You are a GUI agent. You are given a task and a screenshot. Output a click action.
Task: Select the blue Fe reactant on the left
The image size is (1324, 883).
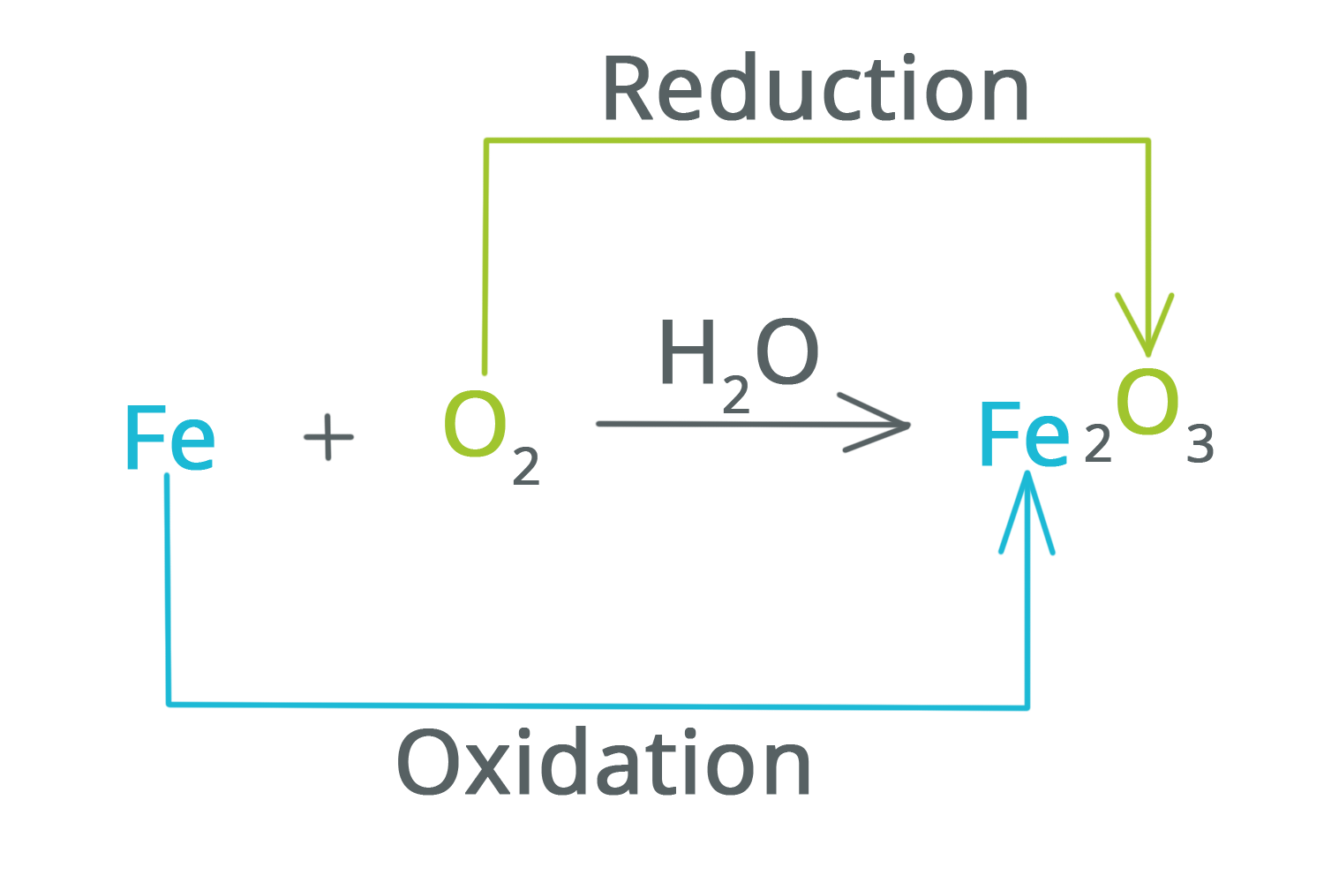pos(170,438)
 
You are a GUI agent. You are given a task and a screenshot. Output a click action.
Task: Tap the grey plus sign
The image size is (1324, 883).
pos(328,438)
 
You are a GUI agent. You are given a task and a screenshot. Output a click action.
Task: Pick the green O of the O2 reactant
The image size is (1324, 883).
pos(476,426)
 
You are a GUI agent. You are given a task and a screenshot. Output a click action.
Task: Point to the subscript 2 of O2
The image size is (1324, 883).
pos(525,466)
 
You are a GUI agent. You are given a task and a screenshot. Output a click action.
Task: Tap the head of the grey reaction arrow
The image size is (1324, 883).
pos(875,424)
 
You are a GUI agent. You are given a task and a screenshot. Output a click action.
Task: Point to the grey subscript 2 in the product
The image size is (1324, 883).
pos(1097,447)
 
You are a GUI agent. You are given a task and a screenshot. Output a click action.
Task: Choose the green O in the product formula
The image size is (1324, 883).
pos(1147,402)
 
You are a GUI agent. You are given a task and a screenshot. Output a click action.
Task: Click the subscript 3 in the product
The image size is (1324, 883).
pos(1200,446)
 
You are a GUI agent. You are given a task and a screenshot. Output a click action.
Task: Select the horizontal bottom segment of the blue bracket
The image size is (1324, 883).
pos(600,705)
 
